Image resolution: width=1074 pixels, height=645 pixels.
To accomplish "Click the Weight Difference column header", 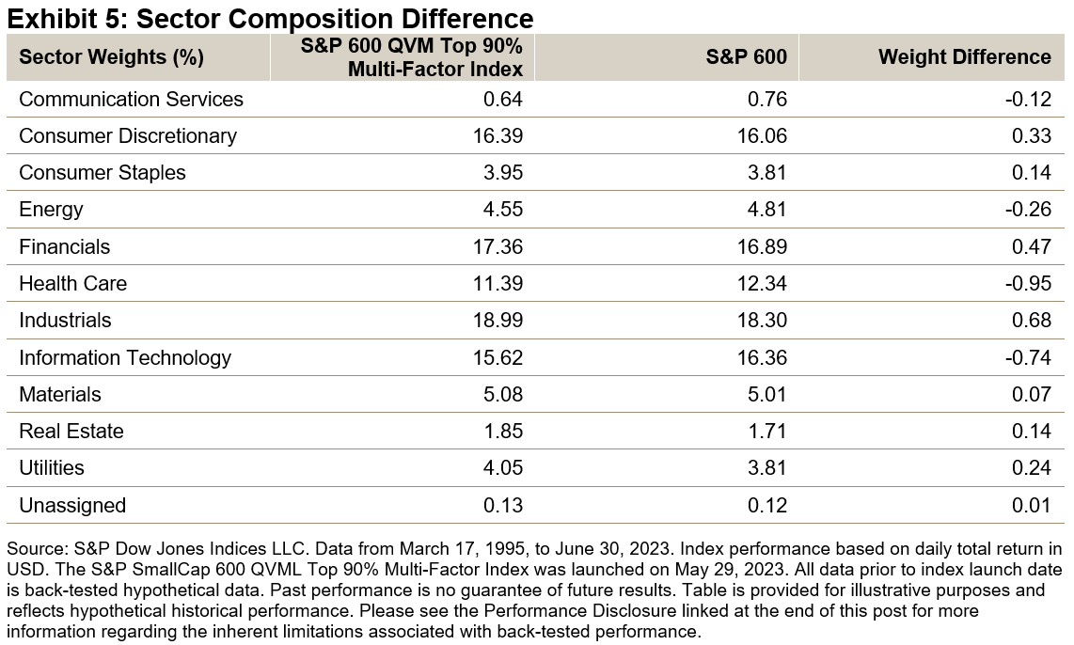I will [x=964, y=57].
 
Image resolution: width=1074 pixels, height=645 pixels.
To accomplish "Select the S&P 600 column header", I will [x=746, y=57].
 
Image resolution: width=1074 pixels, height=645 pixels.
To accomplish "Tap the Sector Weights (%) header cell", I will [x=112, y=57].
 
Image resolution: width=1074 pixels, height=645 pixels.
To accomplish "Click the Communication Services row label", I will [x=131, y=100].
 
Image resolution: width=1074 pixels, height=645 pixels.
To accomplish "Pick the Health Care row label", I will [x=72, y=284].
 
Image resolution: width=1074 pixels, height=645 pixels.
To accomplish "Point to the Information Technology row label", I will [x=124, y=358].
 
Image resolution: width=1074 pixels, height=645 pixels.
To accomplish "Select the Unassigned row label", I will [x=71, y=506].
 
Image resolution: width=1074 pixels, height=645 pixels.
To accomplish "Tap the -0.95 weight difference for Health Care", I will [x=1028, y=284].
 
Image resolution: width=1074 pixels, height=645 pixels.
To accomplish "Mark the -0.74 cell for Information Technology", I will [x=1028, y=358].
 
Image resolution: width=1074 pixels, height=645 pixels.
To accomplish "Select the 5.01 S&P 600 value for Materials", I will [x=767, y=395].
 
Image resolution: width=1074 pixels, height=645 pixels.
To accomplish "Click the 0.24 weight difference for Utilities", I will [x=1032, y=468].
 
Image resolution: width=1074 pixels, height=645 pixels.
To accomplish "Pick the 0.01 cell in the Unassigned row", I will [x=1032, y=506].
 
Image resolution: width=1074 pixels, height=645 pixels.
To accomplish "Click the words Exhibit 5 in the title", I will [x=56, y=17].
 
